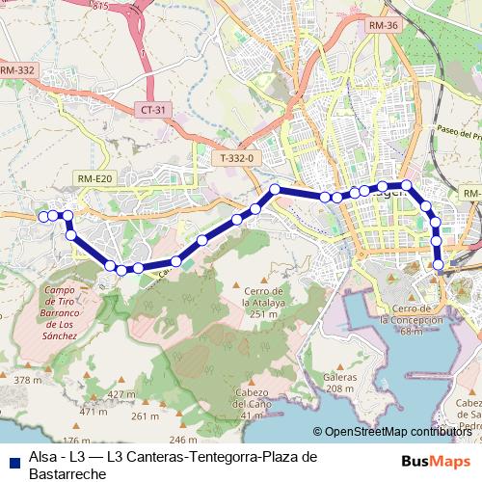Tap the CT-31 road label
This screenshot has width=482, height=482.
click(x=153, y=110)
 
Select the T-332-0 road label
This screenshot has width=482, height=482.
click(x=236, y=157)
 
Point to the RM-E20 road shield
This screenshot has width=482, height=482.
click(x=95, y=177)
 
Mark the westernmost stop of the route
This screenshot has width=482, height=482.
click(x=42, y=217)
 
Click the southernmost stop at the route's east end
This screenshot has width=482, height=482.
click(x=440, y=264)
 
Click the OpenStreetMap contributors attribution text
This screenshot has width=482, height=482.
click(x=398, y=432)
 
